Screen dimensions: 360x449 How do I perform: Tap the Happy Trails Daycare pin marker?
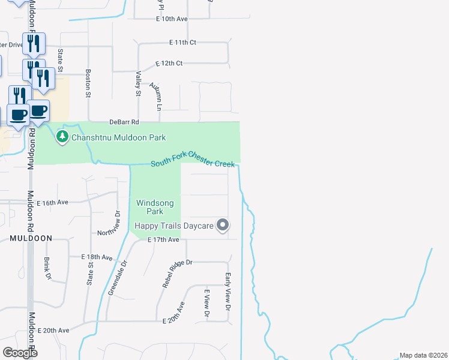(x=223, y=226)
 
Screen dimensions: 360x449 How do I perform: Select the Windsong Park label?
(x=155, y=207)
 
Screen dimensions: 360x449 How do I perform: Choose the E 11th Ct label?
(x=183, y=43)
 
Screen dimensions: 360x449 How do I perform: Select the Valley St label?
(x=138, y=83)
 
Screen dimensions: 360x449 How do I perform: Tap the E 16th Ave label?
(x=53, y=203)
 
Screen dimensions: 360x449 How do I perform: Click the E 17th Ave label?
(x=163, y=240)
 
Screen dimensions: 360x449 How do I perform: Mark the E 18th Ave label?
(x=97, y=257)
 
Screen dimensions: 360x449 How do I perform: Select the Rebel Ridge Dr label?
(x=176, y=274)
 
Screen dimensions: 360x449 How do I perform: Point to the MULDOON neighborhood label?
(x=31, y=238)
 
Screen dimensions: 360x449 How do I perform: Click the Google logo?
(x=19, y=352)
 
